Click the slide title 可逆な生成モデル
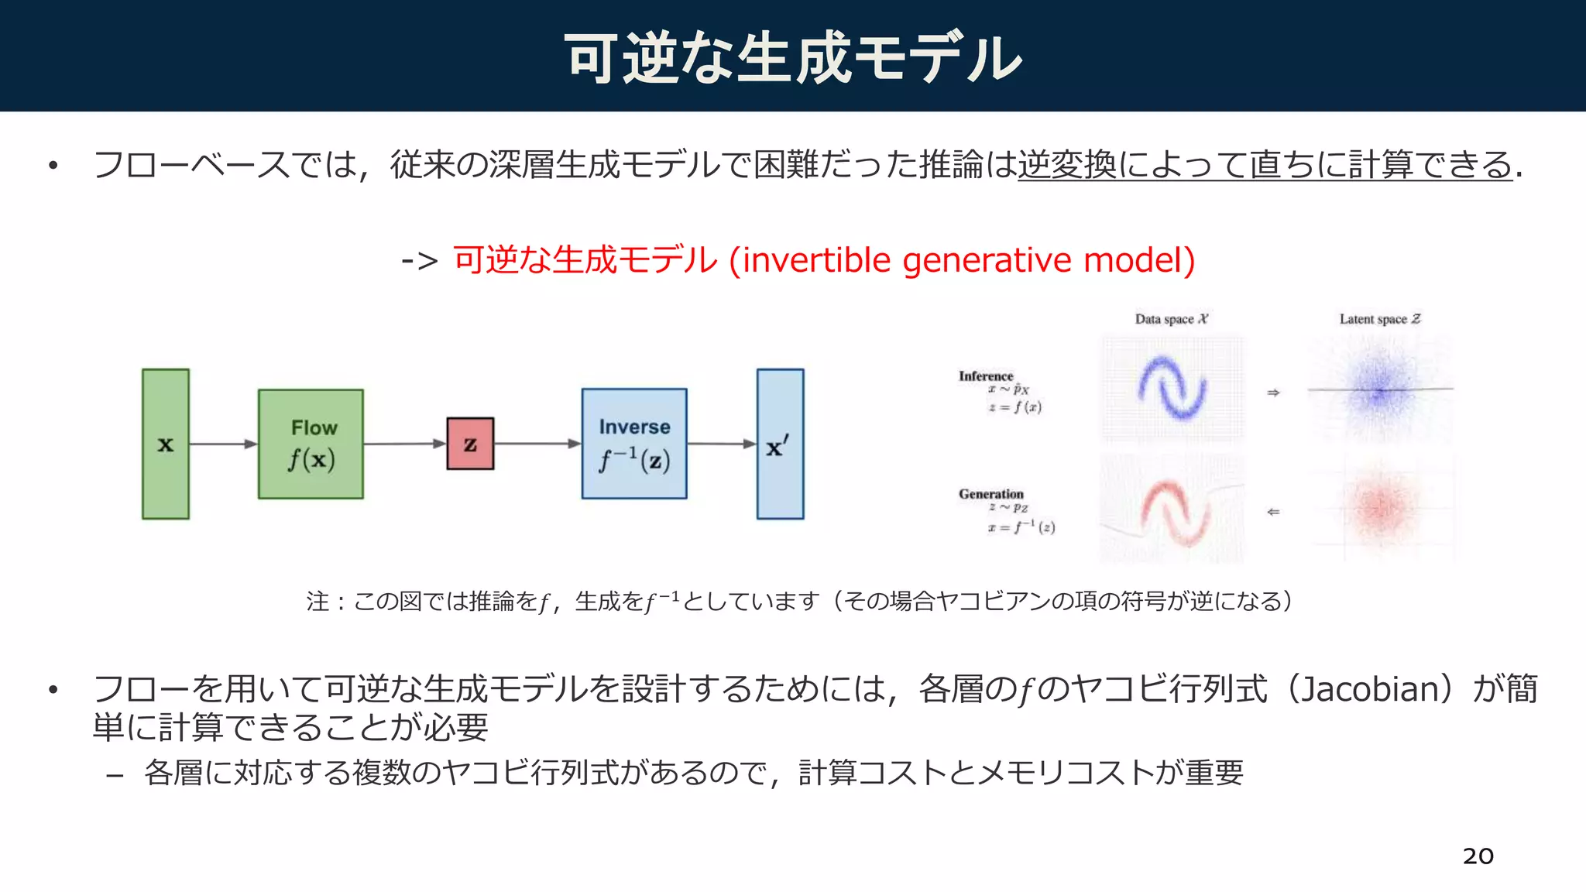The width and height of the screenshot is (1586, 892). click(793, 58)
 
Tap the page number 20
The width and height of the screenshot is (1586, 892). click(1478, 856)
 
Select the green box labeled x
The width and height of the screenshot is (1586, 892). click(166, 444)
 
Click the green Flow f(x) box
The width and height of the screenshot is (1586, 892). click(311, 444)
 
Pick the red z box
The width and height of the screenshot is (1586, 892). click(470, 444)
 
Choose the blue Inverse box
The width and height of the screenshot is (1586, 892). click(634, 444)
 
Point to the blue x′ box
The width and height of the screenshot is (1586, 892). click(780, 444)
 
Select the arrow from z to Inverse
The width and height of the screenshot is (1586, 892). click(537, 444)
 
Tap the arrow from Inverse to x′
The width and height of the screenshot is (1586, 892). click(721, 444)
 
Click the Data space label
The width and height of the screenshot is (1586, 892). click(1171, 319)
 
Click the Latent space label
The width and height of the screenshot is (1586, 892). click(1380, 319)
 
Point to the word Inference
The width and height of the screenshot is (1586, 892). click(985, 376)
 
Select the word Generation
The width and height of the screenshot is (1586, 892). click(990, 494)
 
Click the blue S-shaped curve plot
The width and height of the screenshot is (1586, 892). click(1172, 389)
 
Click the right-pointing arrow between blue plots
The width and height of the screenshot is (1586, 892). click(1273, 393)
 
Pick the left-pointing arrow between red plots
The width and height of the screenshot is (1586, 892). click(1273, 512)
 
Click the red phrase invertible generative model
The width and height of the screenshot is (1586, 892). click(968, 260)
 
